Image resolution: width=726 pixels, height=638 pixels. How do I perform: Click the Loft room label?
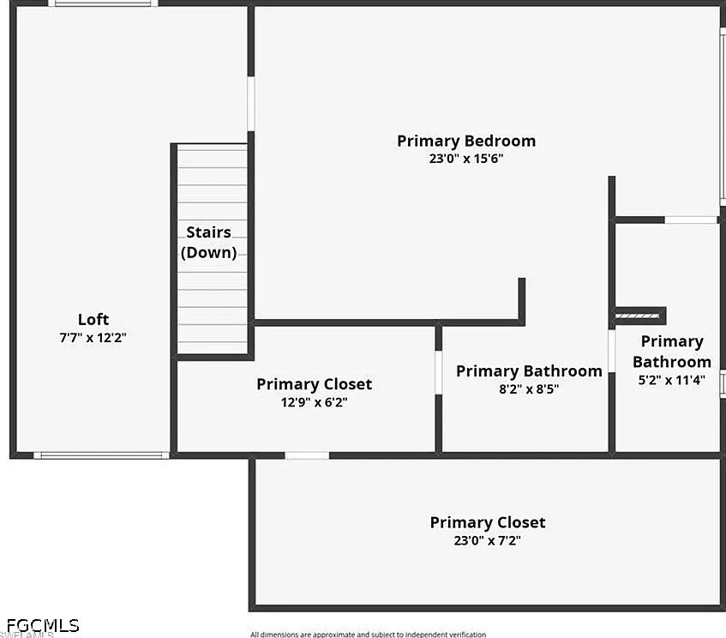click(x=93, y=319)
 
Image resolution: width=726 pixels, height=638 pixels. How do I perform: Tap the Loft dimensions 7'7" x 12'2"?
click(x=93, y=337)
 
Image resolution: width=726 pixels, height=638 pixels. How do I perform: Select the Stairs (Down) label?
click(x=209, y=243)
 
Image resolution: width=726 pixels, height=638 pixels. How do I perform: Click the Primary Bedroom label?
click(x=466, y=141)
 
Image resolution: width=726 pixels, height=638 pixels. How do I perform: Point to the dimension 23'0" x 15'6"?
click(x=465, y=159)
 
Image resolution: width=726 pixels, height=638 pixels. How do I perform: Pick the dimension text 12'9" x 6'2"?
click(x=314, y=402)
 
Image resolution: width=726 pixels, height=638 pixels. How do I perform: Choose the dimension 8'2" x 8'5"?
click(x=529, y=388)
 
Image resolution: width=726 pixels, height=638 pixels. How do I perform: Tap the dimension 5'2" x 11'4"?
click(x=671, y=380)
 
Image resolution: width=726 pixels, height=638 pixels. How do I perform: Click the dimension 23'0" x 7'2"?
click(x=487, y=540)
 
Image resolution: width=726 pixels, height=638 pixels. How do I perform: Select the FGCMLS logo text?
click(x=43, y=625)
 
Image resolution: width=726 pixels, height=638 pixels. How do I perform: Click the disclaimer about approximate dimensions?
click(x=368, y=635)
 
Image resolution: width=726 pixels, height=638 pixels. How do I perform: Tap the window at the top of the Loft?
click(x=103, y=3)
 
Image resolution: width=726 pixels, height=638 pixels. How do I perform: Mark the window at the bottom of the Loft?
click(x=101, y=455)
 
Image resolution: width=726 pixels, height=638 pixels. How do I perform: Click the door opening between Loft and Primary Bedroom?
click(x=251, y=104)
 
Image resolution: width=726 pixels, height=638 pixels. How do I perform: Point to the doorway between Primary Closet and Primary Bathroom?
click(x=439, y=372)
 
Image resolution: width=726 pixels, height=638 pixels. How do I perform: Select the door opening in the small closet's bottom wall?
click(x=307, y=455)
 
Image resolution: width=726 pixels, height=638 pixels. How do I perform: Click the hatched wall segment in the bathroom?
click(x=637, y=316)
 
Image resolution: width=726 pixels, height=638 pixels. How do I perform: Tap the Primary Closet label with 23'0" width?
click(x=488, y=522)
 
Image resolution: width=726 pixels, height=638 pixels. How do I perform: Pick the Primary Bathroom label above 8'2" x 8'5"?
click(x=529, y=371)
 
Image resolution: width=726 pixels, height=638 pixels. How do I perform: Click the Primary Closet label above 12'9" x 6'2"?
click(x=314, y=384)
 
